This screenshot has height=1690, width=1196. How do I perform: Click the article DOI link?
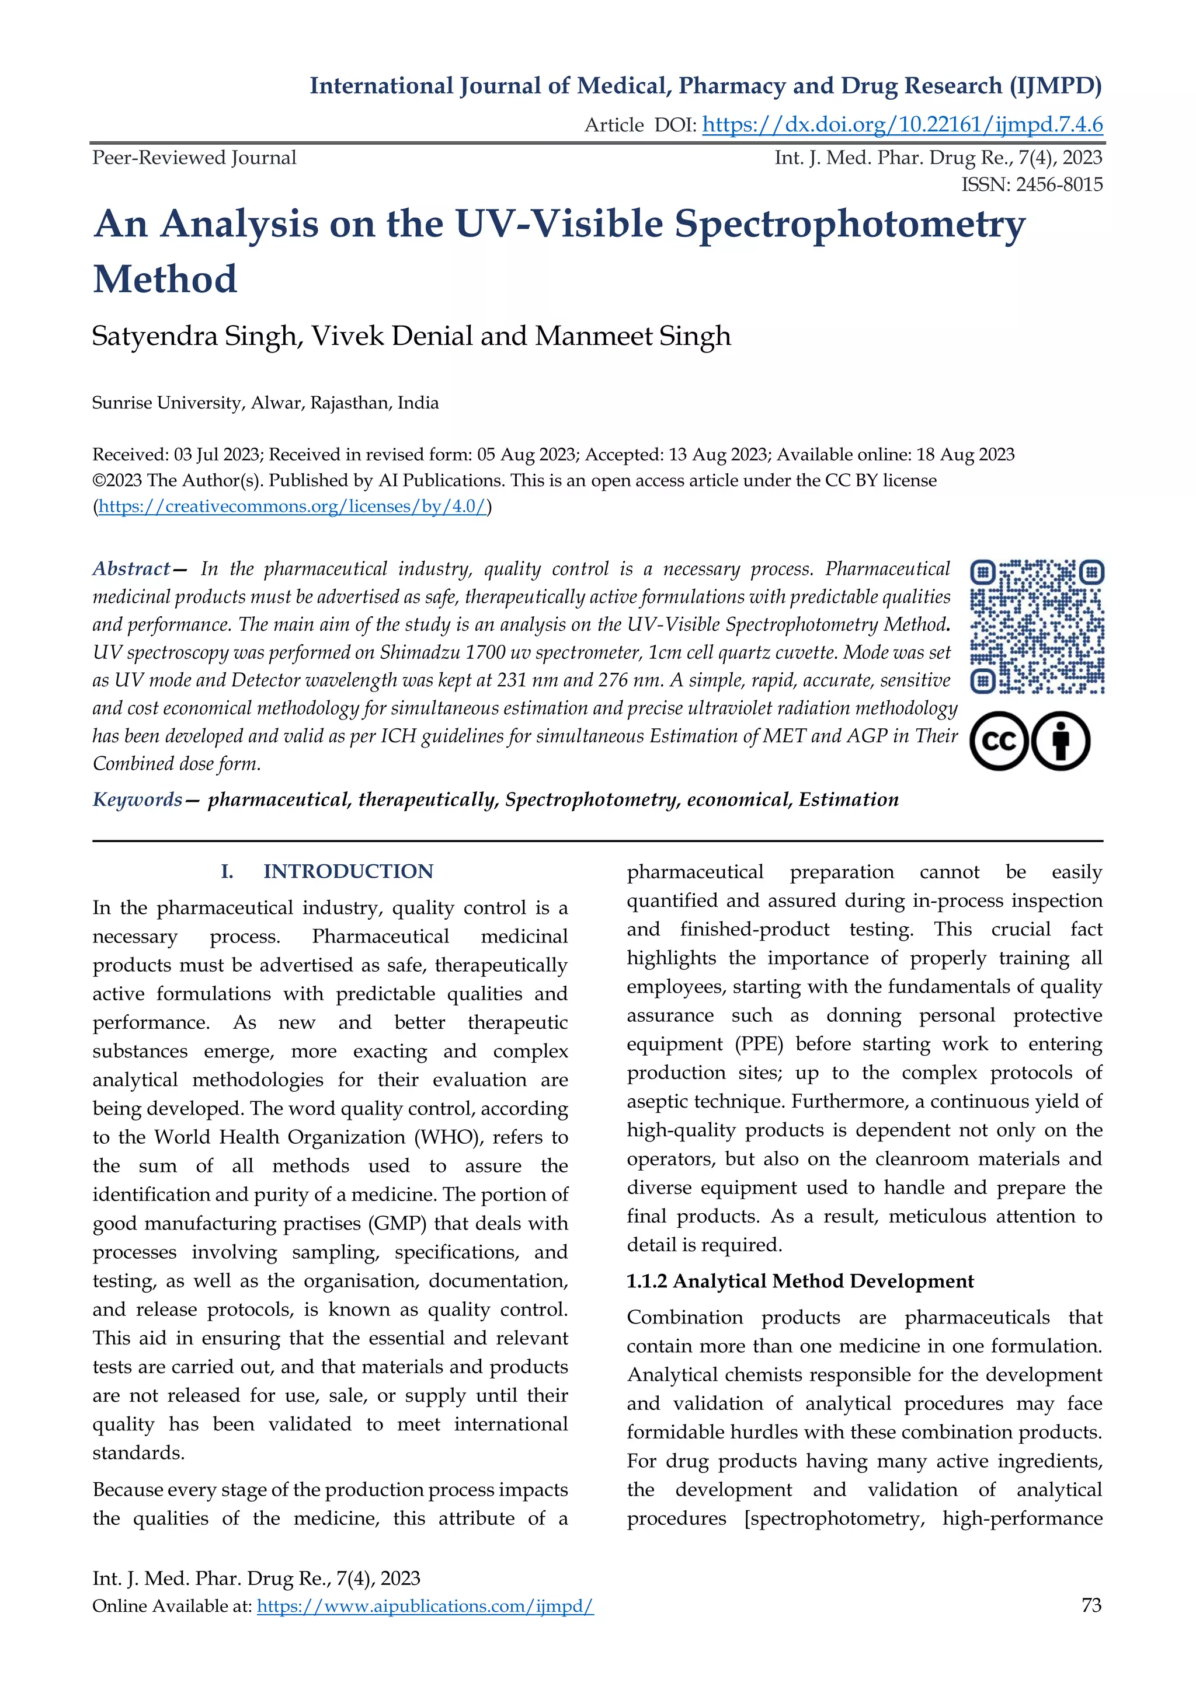click(x=902, y=125)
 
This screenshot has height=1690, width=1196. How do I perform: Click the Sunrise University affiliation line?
click(x=265, y=403)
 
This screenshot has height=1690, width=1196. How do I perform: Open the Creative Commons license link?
click(x=293, y=507)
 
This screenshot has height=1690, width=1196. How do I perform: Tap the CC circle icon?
click(x=999, y=741)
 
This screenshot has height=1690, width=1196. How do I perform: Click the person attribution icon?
click(x=1061, y=741)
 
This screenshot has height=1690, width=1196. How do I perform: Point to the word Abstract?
click(x=131, y=569)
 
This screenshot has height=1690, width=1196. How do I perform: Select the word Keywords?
click(x=137, y=800)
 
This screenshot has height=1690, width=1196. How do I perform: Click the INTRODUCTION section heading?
click(x=347, y=871)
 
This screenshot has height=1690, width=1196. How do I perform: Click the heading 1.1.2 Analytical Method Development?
click(x=800, y=1282)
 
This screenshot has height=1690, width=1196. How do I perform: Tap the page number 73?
click(x=1091, y=1605)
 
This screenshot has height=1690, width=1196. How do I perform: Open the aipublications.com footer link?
click(x=425, y=1606)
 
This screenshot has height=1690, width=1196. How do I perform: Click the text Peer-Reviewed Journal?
click(x=194, y=158)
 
